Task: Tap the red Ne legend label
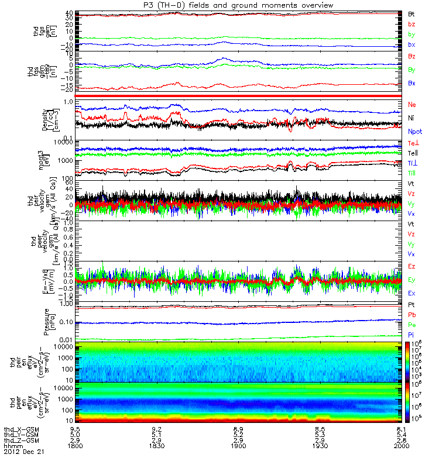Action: click(411, 104)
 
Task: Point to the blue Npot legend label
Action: click(414, 132)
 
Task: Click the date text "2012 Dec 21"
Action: click(24, 452)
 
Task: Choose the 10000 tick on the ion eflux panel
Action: click(66, 346)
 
